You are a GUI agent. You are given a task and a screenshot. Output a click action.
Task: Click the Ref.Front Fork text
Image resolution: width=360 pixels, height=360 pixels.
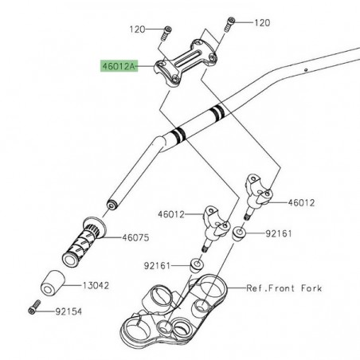[x=284, y=288]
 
